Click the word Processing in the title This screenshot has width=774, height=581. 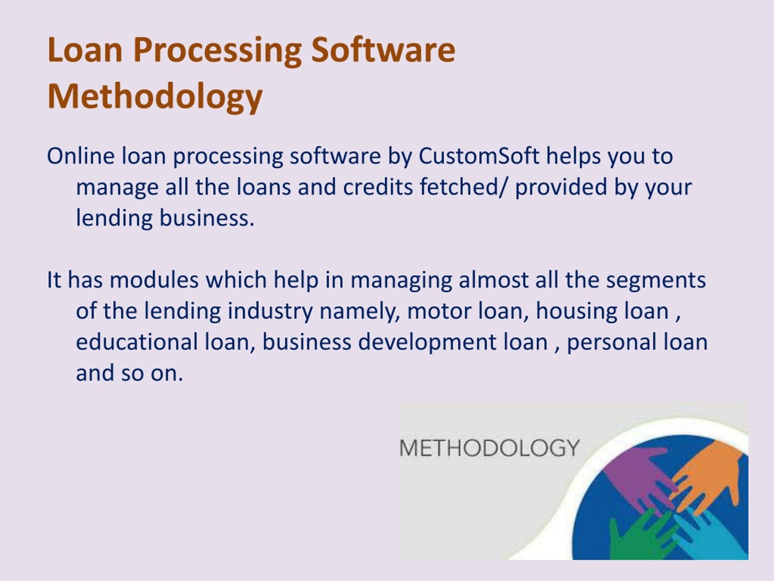coord(217,51)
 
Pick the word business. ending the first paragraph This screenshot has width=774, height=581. coord(207,218)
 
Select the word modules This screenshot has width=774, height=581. coord(154,280)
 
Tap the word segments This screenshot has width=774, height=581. coord(656,280)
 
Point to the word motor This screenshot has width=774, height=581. coord(439,311)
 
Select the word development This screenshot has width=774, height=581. coord(427,343)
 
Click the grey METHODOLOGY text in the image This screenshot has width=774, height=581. coord(489,448)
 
